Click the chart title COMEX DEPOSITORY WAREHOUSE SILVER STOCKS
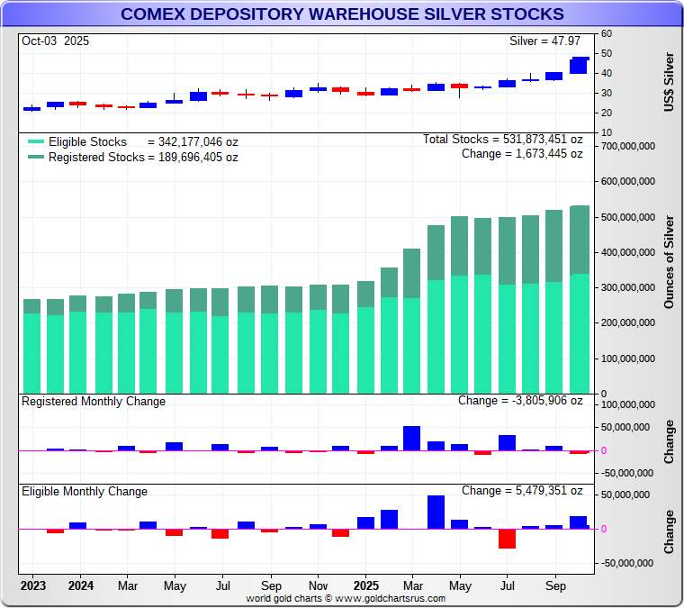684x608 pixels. pos(342,14)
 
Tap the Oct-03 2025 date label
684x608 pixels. pos(56,41)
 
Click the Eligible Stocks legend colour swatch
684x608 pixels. pos(35,142)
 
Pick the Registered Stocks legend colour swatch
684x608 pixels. pos(35,157)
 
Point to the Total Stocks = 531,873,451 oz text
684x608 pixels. pos(502,140)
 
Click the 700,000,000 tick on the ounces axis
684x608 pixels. pos(627,146)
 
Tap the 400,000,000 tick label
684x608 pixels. pos(627,252)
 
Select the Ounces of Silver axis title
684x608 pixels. pos(669,261)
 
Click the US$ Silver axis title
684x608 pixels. pos(669,82)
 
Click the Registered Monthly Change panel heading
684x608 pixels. pos(94,402)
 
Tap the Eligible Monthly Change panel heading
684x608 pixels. pos(85,492)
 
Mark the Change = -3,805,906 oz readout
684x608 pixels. pos(520,401)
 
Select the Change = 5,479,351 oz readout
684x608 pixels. pos(522,491)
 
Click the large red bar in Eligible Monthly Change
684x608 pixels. pos(507,539)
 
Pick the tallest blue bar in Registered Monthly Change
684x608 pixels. pos(412,438)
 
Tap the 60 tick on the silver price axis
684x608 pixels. pos(607,33)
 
